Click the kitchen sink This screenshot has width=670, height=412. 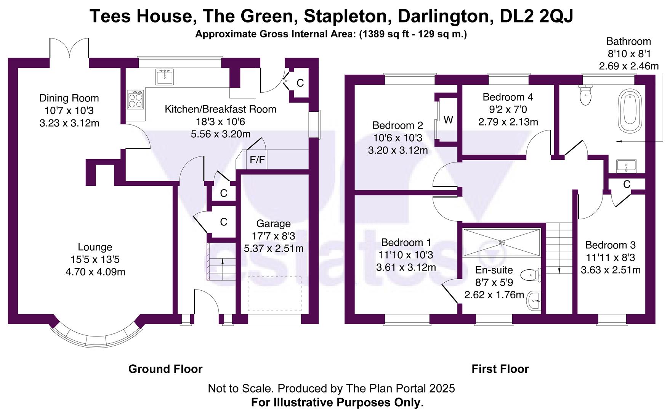tap(165, 77)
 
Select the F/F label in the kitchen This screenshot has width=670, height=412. tap(257, 160)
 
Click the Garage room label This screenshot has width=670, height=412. tap(273, 224)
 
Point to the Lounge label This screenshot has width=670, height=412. tap(95, 247)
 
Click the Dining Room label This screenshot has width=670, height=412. tap(69, 98)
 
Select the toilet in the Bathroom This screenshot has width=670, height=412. tap(585, 95)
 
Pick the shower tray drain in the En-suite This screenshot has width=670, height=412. tap(502, 242)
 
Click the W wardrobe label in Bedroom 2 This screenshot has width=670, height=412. tap(448, 120)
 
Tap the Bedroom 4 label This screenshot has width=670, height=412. tap(508, 97)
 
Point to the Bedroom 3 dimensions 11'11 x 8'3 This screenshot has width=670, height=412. tap(610, 257)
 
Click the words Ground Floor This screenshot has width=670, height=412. tap(165, 369)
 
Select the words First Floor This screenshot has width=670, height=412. tap(500, 369)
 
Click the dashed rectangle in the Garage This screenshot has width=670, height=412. tap(274, 294)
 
